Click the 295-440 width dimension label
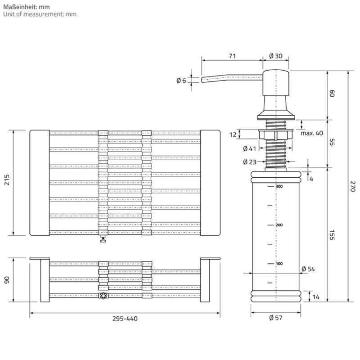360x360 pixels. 125,319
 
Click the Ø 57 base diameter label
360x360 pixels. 275,318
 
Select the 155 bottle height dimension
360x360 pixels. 332,234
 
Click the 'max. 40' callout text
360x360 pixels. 312,133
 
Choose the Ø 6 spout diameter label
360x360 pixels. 181,81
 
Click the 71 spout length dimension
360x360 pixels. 232,56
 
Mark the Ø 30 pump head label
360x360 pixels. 275,56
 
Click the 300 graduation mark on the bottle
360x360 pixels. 279,186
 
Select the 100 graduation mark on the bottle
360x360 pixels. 279,263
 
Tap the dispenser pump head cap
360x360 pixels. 275,83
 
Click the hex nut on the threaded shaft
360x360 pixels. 275,134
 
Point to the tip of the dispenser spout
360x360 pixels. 203,80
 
